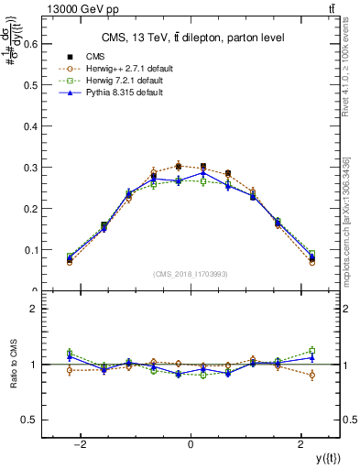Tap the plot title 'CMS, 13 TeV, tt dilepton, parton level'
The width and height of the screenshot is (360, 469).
pos(191,37)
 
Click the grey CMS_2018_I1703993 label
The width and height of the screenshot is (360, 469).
pos(191,274)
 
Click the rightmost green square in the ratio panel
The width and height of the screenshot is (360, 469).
pos(312,350)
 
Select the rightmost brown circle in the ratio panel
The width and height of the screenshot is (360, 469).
pos(312,375)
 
